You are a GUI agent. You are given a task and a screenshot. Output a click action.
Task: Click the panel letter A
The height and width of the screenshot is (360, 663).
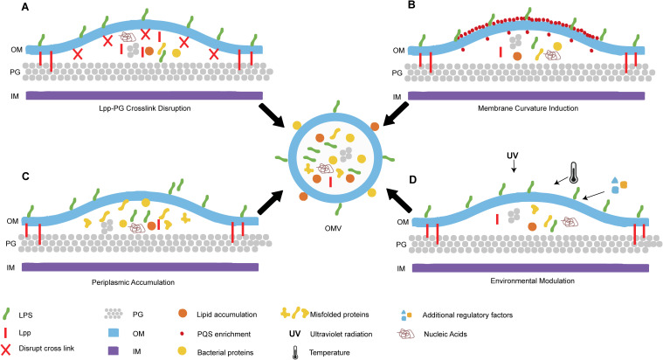pyautogui.click(x=25, y=7)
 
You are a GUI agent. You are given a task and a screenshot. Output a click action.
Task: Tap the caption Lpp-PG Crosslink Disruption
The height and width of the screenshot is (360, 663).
pyautogui.click(x=142, y=108)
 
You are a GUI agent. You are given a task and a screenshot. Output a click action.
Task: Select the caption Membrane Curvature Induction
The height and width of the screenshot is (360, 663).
pyautogui.click(x=528, y=108)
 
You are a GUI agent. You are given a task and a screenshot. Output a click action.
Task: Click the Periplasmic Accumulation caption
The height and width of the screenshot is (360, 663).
pyautogui.click(x=133, y=282)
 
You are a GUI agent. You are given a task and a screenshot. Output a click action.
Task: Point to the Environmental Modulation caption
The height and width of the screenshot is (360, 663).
pyautogui.click(x=532, y=280)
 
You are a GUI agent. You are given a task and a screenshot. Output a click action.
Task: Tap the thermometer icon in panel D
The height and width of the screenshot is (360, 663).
pyautogui.click(x=573, y=173)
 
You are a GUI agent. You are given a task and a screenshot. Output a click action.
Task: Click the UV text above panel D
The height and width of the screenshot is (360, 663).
pyautogui.click(x=513, y=156)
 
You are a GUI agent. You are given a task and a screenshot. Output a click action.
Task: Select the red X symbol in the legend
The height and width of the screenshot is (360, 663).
pyautogui.click(x=6, y=350)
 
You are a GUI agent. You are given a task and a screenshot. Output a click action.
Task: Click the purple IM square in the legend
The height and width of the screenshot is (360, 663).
pyautogui.click(x=114, y=350)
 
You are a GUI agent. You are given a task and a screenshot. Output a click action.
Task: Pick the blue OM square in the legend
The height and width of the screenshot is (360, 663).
pyautogui.click(x=114, y=333)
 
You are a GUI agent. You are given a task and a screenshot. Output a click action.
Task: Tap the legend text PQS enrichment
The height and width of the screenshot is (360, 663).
pyautogui.click(x=224, y=334)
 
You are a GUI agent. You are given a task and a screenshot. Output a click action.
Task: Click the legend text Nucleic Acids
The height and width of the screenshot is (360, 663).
pyautogui.click(x=445, y=334)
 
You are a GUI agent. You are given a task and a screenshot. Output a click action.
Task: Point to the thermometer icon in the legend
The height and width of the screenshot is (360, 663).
pyautogui.click(x=295, y=353)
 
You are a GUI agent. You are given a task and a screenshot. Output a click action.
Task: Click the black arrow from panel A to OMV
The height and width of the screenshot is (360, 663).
pyautogui.click(x=273, y=114)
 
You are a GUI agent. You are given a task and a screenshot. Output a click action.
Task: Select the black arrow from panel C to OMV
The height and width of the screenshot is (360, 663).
pyautogui.click(x=270, y=203)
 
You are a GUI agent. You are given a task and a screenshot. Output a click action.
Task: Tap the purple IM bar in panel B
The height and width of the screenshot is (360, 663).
pyautogui.click(x=527, y=96)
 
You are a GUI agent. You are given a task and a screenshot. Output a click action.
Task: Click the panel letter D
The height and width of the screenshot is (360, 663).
pyautogui.click(x=412, y=180)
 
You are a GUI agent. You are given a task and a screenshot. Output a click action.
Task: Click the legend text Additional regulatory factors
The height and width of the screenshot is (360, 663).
pyautogui.click(x=467, y=315)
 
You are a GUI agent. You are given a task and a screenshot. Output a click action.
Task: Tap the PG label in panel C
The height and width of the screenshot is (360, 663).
pyautogui.click(x=11, y=244)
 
